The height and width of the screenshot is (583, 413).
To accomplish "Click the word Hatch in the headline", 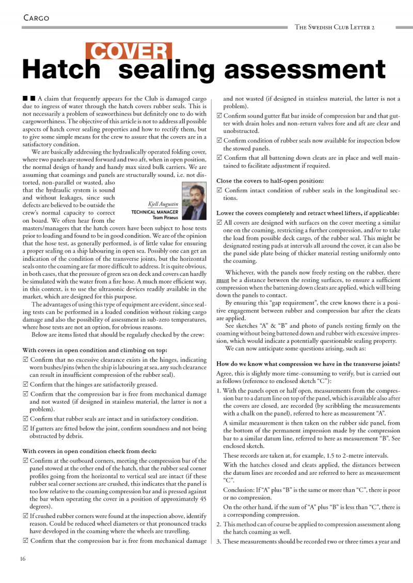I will click(61, 70).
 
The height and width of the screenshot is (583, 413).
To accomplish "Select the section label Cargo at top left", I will click(36, 18).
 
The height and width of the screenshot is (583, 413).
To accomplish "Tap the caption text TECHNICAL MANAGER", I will click(155, 212).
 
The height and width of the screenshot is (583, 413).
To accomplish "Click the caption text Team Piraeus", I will click(165, 218).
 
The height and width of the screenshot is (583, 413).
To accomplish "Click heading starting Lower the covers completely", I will click(307, 213).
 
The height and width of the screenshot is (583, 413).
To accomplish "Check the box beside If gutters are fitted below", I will click(26, 428).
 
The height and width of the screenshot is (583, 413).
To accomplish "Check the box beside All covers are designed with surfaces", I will click(219, 223).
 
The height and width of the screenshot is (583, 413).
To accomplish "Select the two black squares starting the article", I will click(29, 98).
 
